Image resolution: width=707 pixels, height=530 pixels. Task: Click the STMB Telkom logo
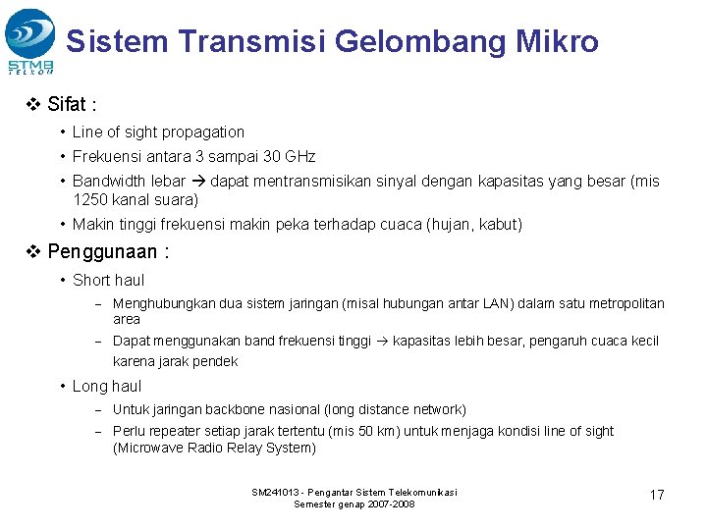coord(30,40)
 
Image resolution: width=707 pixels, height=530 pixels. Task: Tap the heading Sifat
coord(74,104)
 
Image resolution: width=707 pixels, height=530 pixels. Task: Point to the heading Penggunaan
coord(108,251)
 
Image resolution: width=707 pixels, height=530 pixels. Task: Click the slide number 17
coord(657,495)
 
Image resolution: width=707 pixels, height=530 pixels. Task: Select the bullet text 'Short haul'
coord(108,281)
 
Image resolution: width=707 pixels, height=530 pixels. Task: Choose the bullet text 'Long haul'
coord(106,387)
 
